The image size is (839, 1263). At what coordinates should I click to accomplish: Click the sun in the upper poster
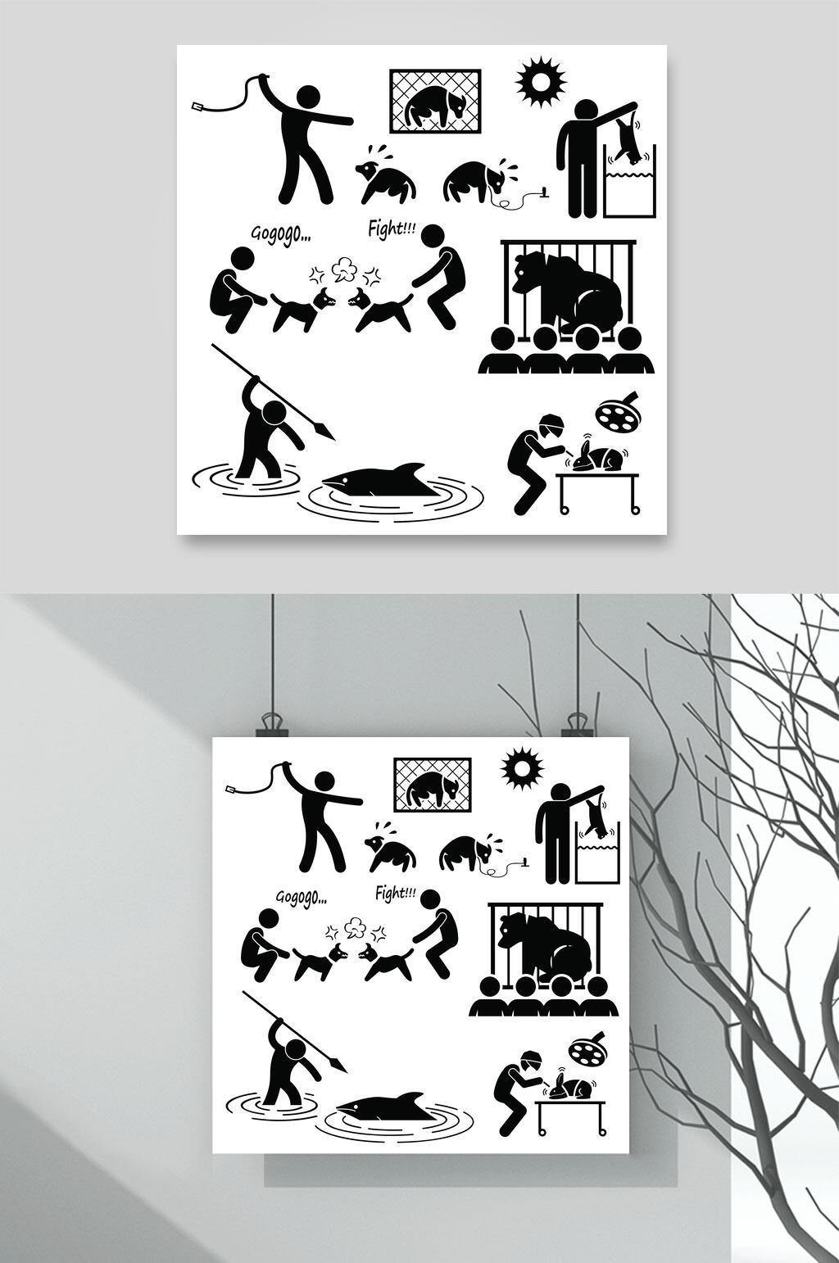[x=541, y=82]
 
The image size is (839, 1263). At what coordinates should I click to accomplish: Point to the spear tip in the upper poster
[x=326, y=432]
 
